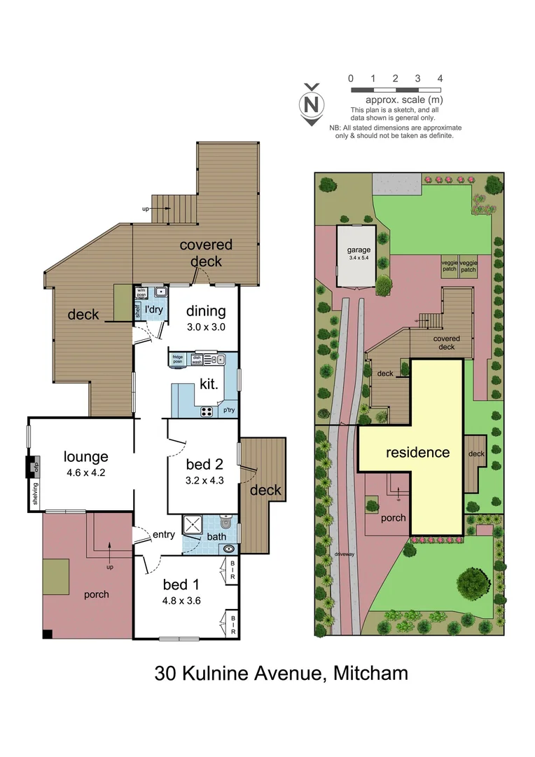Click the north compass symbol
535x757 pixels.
pyautogui.click(x=312, y=104)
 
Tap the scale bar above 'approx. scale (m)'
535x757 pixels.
pyautogui.click(x=395, y=90)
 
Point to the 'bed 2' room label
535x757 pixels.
pyautogui.click(x=204, y=464)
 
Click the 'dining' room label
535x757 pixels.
pyautogui.click(x=206, y=311)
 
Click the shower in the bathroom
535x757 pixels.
pyautogui.click(x=193, y=526)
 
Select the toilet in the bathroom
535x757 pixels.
pyautogui.click(x=225, y=522)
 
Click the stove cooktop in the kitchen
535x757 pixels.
pyautogui.click(x=208, y=411)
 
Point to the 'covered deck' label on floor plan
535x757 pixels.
pyautogui.click(x=206, y=253)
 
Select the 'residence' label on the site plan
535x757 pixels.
pyautogui.click(x=418, y=453)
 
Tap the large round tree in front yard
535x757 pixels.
pyautogui.click(x=473, y=582)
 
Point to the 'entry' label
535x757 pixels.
pyautogui.click(x=163, y=535)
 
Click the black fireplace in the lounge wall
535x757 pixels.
pyautogui.click(x=32, y=467)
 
